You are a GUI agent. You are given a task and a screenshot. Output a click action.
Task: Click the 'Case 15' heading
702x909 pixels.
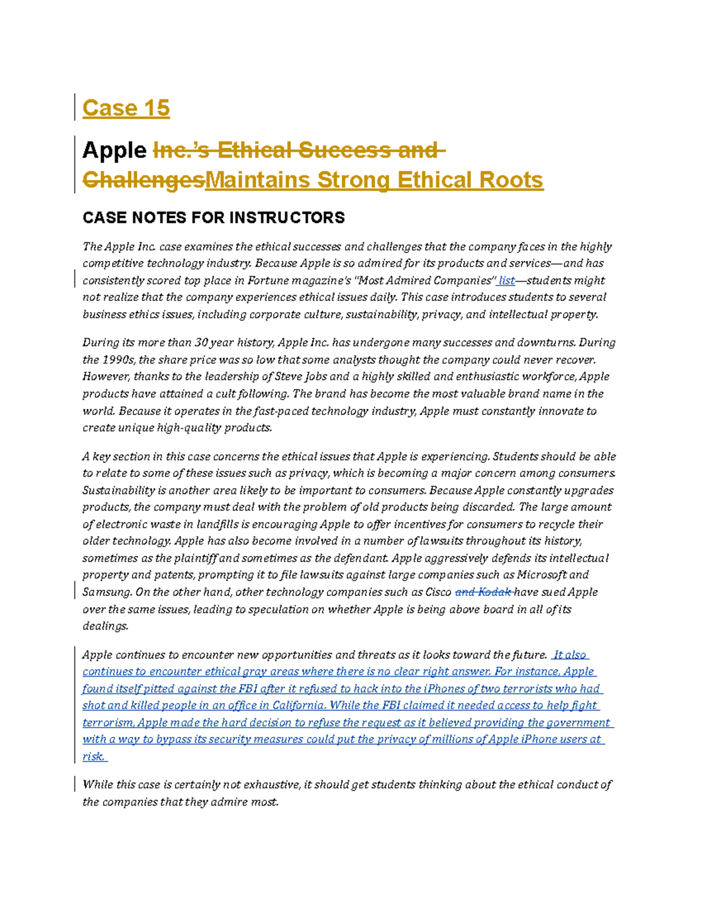(126, 108)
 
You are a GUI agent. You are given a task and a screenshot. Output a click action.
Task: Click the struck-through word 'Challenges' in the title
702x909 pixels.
(143, 180)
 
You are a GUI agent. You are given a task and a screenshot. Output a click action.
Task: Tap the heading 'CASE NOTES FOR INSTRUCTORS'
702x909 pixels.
(214, 218)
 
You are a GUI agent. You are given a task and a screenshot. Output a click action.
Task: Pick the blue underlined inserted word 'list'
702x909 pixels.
(507, 280)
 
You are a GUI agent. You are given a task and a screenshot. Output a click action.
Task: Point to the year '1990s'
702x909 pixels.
(119, 359)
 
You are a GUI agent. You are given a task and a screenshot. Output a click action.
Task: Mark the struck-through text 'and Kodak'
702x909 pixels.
(483, 592)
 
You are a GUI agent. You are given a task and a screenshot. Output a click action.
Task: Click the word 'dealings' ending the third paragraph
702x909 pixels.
(105, 626)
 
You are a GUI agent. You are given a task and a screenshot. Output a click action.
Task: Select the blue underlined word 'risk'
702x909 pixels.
(93, 756)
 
